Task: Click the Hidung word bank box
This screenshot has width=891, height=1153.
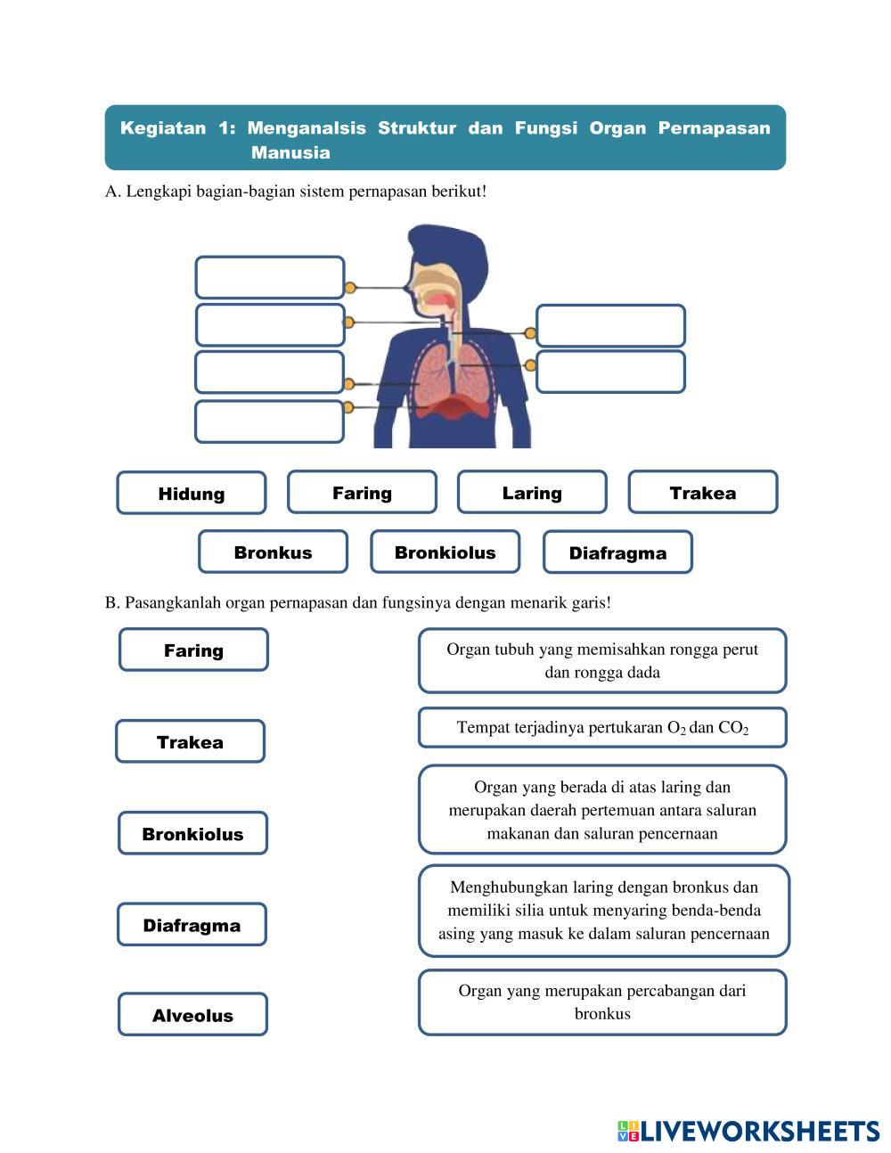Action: point(191,493)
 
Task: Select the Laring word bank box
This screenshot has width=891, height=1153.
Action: point(532,492)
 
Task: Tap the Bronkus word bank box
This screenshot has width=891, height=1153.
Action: point(273,552)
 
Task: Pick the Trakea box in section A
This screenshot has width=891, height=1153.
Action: point(702,492)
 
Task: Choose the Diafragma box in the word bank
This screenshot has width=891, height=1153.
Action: point(617,552)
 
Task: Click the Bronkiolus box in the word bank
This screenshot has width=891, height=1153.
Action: point(445,552)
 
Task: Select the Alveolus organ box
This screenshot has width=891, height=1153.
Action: point(192,1014)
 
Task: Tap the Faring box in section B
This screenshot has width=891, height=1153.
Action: point(193,650)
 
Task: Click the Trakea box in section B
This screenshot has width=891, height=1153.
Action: point(190,741)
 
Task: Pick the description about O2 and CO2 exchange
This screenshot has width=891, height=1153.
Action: point(602,727)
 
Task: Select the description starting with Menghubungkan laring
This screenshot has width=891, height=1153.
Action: point(603,910)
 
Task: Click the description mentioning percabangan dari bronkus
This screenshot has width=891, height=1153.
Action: point(602,1002)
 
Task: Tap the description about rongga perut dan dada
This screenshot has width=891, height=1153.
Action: point(602,660)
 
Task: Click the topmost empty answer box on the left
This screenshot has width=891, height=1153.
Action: point(269,277)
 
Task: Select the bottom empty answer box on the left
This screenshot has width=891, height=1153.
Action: point(269,421)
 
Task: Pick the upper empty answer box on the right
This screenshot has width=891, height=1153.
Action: point(610,325)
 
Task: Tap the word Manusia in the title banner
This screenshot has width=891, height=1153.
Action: point(290,152)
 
